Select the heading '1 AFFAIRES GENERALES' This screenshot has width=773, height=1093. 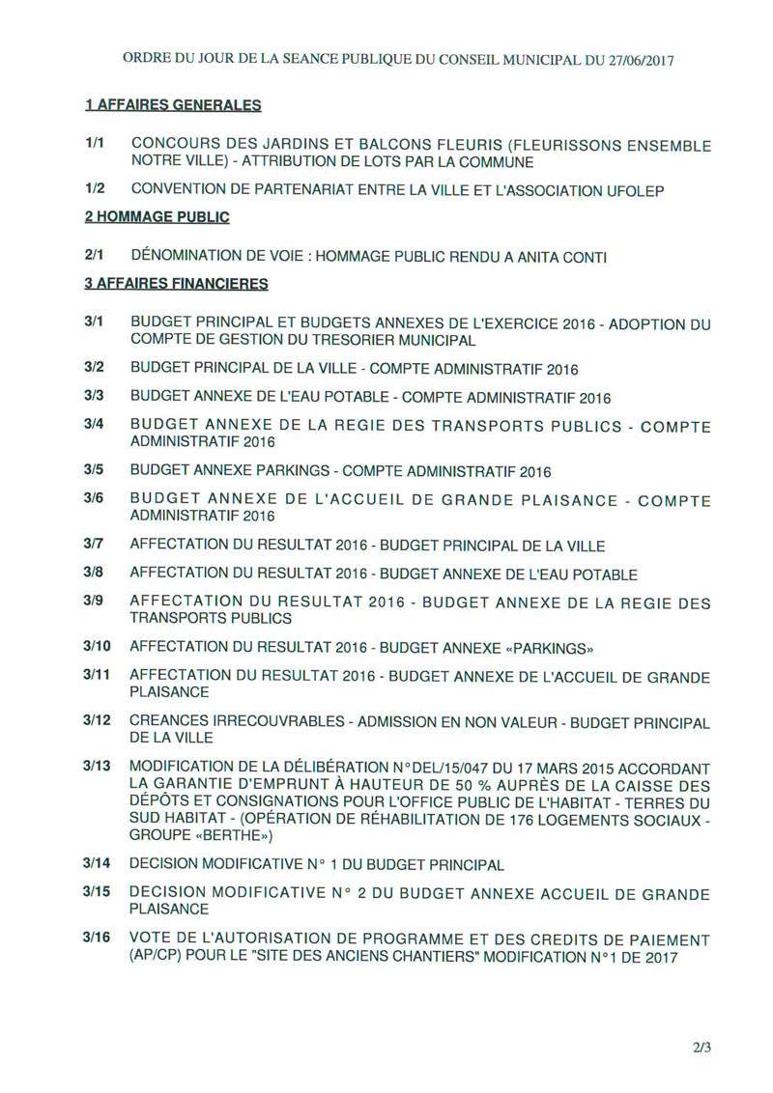click(x=173, y=105)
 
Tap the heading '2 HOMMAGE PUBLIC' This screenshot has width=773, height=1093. click(x=157, y=217)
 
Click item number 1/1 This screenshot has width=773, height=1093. click(x=95, y=144)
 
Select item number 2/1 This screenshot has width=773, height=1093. click(x=95, y=256)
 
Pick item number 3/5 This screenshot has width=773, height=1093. click(x=95, y=470)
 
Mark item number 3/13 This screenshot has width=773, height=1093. click(x=98, y=766)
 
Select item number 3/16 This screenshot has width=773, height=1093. click(x=98, y=939)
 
